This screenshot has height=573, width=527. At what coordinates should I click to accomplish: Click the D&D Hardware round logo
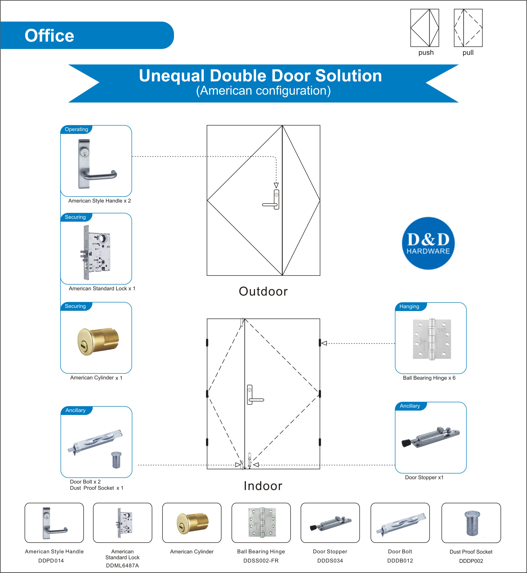(428, 243)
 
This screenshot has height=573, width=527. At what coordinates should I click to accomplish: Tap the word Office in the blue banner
(49, 36)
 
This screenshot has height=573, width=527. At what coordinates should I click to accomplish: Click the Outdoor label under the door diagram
(263, 291)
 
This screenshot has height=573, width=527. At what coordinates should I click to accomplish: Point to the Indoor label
(263, 486)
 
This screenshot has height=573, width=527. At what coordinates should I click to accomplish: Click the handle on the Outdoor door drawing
(271, 199)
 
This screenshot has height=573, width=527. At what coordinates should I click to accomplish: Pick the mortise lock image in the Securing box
(96, 252)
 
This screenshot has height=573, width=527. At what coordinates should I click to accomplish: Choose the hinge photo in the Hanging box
(432, 339)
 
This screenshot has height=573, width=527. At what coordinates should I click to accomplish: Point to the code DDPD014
(51, 560)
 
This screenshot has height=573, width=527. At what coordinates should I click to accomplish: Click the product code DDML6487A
(122, 565)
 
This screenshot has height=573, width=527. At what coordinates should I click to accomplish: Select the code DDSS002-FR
(261, 560)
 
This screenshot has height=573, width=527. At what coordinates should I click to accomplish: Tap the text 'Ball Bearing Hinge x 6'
(429, 378)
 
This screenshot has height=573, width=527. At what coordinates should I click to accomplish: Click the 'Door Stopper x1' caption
(424, 477)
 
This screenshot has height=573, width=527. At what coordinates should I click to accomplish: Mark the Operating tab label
(76, 129)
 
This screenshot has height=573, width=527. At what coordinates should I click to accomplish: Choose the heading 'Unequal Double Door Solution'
(260, 76)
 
